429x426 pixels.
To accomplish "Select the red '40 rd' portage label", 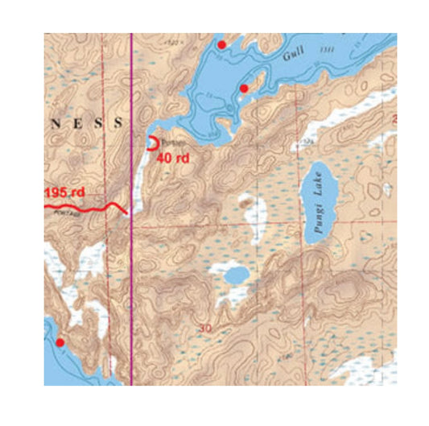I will pyautogui.click(x=173, y=159).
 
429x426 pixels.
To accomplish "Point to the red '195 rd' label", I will pyautogui.click(x=67, y=194).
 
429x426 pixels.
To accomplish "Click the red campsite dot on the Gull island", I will pyautogui.click(x=243, y=87).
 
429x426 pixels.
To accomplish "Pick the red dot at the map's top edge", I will pyautogui.click(x=222, y=45).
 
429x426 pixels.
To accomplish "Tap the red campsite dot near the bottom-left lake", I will pyautogui.click(x=59, y=342).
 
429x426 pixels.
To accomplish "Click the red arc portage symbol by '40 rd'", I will pyautogui.click(x=151, y=143).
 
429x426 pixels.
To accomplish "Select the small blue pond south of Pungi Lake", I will pyautogui.click(x=236, y=277).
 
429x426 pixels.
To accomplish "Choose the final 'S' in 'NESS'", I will pyautogui.click(x=119, y=123).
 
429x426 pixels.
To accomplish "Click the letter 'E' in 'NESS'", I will pyautogui.click(x=80, y=123).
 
